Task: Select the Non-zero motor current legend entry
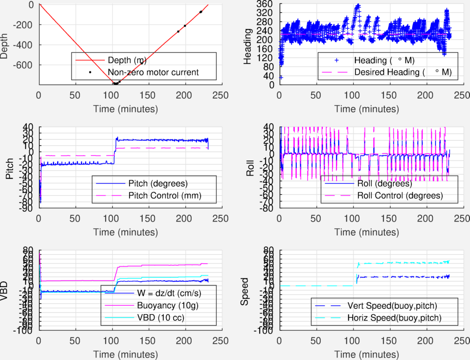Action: pyautogui.click(x=153, y=72)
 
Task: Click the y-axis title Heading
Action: pyautogui.click(x=248, y=45)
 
